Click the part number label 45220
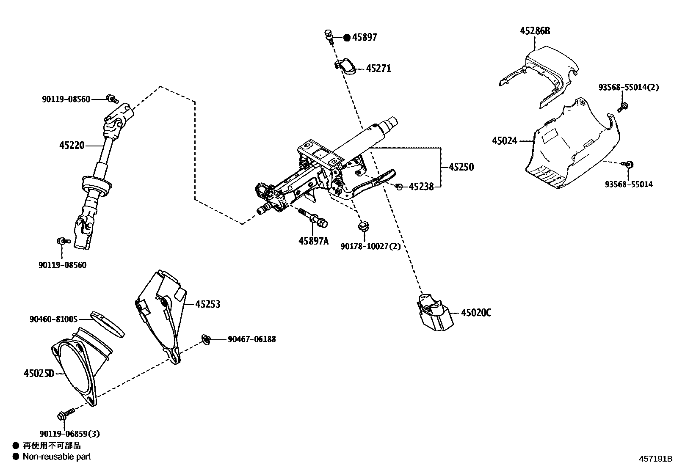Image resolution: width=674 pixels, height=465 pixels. [72, 146]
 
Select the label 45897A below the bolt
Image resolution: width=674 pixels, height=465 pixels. [313, 241]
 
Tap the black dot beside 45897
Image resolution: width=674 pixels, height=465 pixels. [347, 38]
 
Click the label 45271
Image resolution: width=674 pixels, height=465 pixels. [378, 69]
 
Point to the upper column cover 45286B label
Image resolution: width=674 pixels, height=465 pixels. [535, 31]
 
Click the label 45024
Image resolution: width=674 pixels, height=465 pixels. [505, 140]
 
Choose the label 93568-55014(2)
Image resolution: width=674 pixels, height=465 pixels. [629, 88]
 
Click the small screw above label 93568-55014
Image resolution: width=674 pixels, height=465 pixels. [628, 164]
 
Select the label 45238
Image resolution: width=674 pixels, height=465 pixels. [421, 187]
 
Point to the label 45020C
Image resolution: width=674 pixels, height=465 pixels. [476, 313]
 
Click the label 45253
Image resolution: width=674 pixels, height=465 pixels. [207, 304]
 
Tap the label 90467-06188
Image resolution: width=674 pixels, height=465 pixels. [251, 339]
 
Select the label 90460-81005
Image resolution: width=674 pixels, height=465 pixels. [53, 319]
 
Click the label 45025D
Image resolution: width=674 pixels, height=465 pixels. [39, 373]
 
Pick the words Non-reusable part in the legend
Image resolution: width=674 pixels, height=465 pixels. [57, 457]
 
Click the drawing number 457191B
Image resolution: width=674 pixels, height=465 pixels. [655, 459]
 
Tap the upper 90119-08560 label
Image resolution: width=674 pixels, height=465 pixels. [66, 99]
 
